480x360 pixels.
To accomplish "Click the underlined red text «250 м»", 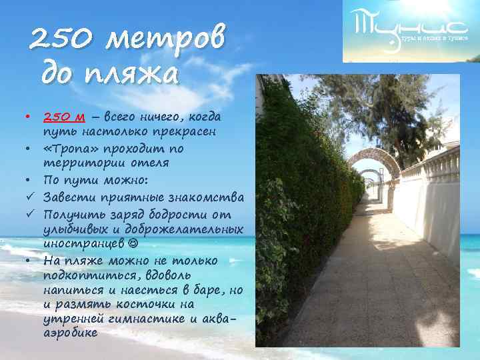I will pyautogui.click(x=63, y=117).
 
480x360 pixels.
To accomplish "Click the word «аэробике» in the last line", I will pyautogui.click(x=70, y=333).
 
